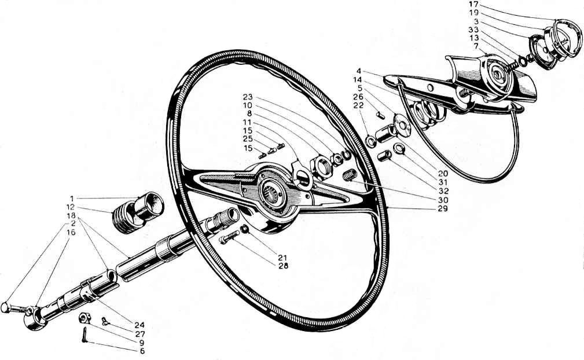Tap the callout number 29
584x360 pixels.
click(x=443, y=208)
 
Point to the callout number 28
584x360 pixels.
click(x=282, y=266)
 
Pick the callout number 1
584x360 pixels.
click(x=72, y=198)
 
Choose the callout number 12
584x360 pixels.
click(x=71, y=207)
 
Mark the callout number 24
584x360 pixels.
click(x=139, y=325)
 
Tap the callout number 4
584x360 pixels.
click(x=358, y=71)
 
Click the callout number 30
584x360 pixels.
click(x=443, y=200)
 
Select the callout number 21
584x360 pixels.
click(x=282, y=257)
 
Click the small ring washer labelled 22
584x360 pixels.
click(x=371, y=142)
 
